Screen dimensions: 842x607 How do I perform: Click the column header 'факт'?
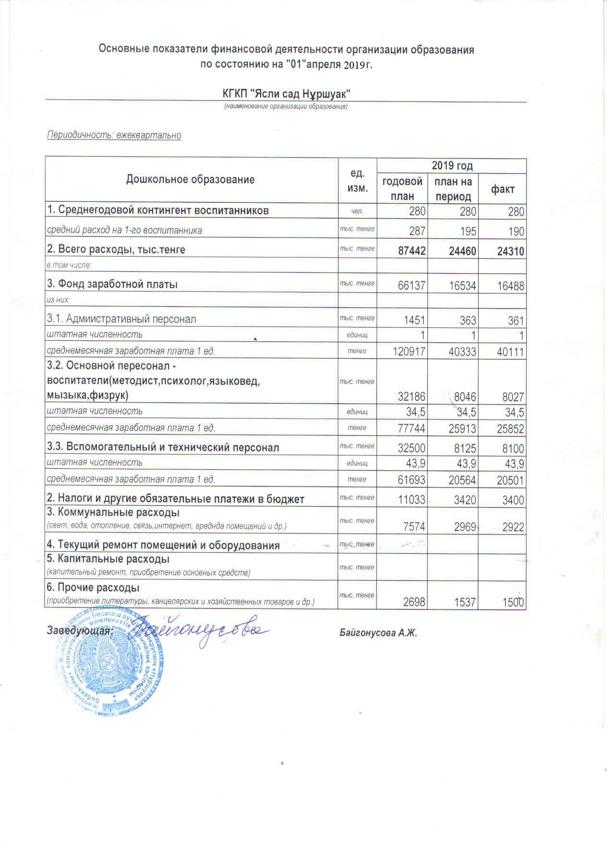(x=502, y=189)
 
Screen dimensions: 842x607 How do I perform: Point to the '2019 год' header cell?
(x=452, y=166)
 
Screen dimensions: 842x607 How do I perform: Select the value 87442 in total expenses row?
(x=410, y=250)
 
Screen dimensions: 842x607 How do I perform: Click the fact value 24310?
(x=509, y=250)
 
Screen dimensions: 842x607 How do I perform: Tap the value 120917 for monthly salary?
(x=408, y=351)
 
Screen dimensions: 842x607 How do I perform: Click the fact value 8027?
(x=511, y=397)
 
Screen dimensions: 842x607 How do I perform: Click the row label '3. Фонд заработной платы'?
(x=112, y=284)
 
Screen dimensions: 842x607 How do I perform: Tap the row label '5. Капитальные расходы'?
(x=108, y=559)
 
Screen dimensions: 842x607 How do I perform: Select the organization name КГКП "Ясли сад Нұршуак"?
(x=286, y=92)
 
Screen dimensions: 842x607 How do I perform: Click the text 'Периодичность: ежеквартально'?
(x=114, y=135)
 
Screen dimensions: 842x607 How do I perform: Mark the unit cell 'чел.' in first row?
(x=357, y=210)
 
